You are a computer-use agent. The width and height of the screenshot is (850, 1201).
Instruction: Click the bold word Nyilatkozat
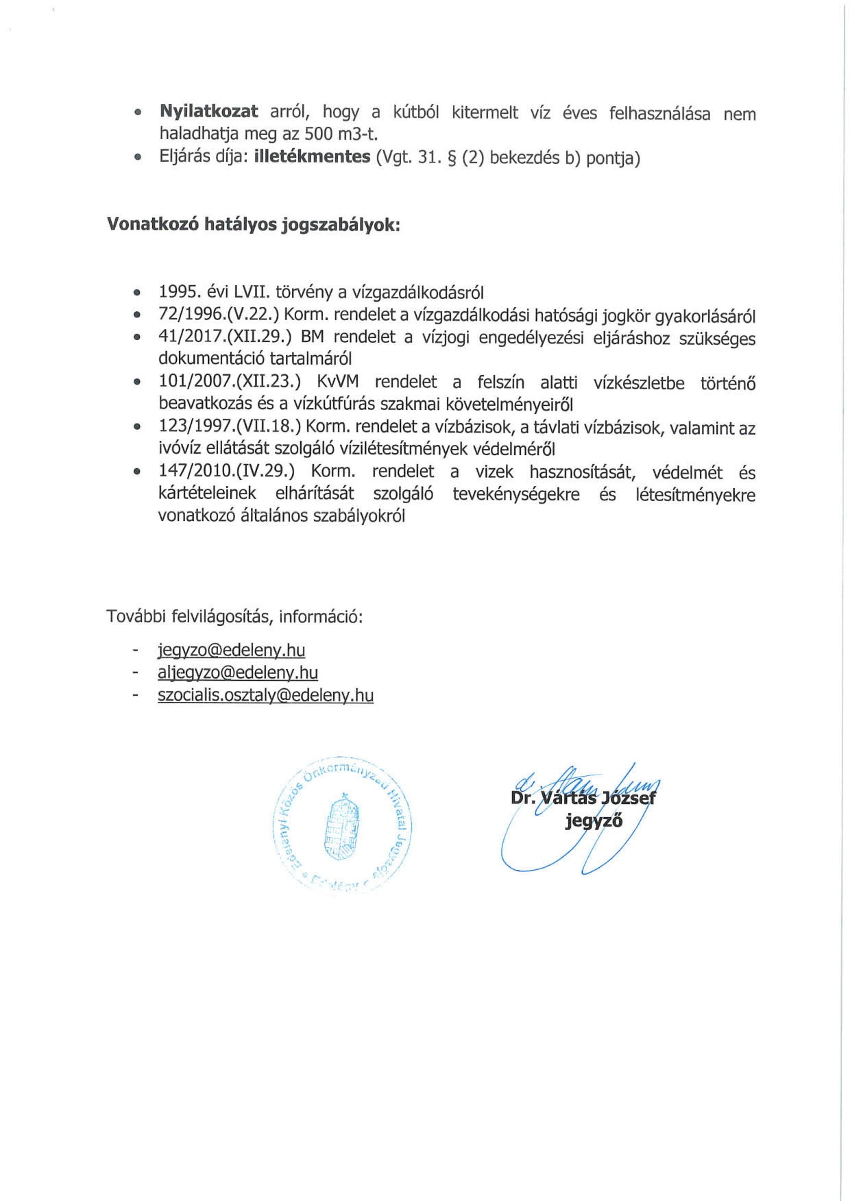[209, 112]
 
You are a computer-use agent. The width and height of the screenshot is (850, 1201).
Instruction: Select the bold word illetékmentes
[312, 157]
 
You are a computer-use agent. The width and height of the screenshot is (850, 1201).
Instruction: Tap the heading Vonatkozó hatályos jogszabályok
[254, 225]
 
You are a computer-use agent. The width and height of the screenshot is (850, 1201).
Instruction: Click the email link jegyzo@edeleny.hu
[231, 650]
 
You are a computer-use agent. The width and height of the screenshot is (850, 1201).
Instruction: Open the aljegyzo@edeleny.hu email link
[238, 672]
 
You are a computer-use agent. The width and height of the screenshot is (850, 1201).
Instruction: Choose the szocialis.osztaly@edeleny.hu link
[265, 695]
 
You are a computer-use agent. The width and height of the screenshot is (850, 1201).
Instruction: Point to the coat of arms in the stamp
[341, 827]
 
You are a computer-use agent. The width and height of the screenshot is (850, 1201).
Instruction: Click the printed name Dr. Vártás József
[583, 798]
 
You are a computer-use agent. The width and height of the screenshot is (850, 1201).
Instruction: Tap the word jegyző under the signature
[594, 821]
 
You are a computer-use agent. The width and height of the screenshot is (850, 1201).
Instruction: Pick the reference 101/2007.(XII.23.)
[230, 382]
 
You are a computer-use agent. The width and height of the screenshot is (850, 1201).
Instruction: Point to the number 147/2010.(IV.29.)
[226, 471]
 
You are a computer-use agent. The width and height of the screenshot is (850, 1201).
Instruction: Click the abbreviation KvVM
[337, 382]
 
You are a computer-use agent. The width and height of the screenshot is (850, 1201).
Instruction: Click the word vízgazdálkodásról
[417, 293]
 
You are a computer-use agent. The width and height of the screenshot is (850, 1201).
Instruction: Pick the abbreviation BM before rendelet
[312, 337]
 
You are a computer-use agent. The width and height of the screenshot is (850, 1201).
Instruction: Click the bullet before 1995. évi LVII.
[138, 293]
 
